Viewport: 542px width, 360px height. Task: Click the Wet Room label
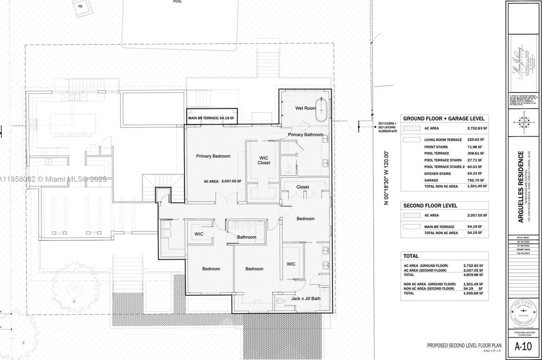click(305, 108)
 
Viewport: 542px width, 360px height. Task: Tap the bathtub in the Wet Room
click(321, 110)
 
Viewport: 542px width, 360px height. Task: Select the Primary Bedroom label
click(213, 156)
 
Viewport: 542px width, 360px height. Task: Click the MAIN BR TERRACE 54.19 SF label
click(211, 118)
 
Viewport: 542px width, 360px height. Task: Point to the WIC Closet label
click(264, 160)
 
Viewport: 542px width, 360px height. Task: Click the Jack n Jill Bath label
click(306, 299)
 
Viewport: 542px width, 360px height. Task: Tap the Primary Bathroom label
click(306, 135)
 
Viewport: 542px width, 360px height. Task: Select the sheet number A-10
click(523, 347)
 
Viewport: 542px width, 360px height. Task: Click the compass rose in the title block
click(524, 122)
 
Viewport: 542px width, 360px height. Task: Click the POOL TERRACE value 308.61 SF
click(475, 153)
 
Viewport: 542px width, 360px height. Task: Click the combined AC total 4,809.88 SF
click(473, 275)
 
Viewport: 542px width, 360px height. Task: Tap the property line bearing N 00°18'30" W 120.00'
click(386, 178)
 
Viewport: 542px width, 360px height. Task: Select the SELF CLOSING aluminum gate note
click(387, 127)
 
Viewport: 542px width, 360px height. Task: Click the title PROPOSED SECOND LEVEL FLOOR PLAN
click(464, 346)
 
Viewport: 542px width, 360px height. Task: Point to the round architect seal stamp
click(523, 312)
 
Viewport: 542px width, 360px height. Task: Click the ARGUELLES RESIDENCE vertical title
click(521, 186)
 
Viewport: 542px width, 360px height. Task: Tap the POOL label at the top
click(177, 2)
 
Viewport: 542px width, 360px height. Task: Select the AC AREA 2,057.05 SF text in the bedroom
click(222, 181)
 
